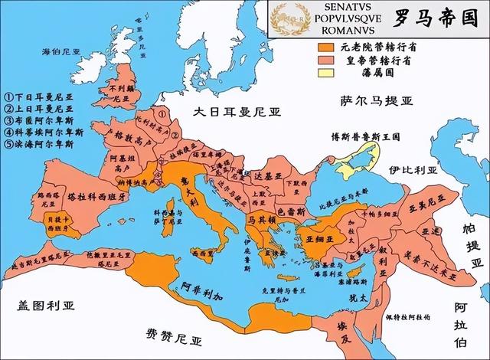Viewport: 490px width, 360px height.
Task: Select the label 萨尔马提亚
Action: point(379,101)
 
